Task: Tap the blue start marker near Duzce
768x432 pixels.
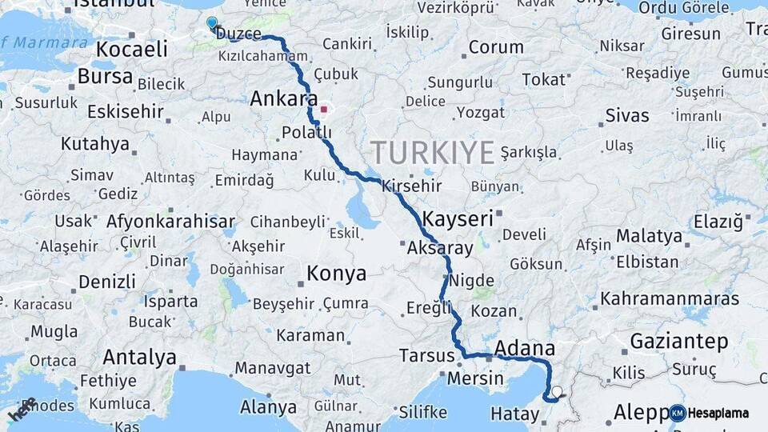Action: pyautogui.click(x=211, y=23)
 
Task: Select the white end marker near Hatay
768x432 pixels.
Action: pyautogui.click(x=557, y=392)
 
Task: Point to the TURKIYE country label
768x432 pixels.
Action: pyautogui.click(x=432, y=152)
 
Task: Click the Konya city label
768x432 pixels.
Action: pyautogui.click(x=336, y=274)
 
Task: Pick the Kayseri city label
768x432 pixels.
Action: pyautogui.click(x=458, y=218)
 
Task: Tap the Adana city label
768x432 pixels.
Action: pyautogui.click(x=525, y=348)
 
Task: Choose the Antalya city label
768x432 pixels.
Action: pyautogui.click(x=139, y=357)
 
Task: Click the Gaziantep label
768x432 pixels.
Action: pyautogui.click(x=679, y=342)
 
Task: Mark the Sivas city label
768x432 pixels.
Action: pyautogui.click(x=627, y=115)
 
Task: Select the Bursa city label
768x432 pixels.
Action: pyautogui.click(x=106, y=77)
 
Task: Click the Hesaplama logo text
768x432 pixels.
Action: pyautogui.click(x=718, y=413)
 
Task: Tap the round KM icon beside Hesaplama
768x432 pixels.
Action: pyautogui.click(x=678, y=413)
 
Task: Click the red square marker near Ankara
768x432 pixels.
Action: pyautogui.click(x=323, y=109)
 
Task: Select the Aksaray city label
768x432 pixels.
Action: pyautogui.click(x=440, y=248)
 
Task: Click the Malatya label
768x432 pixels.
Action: pyautogui.click(x=649, y=236)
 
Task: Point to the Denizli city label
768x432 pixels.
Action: pyautogui.click(x=106, y=282)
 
